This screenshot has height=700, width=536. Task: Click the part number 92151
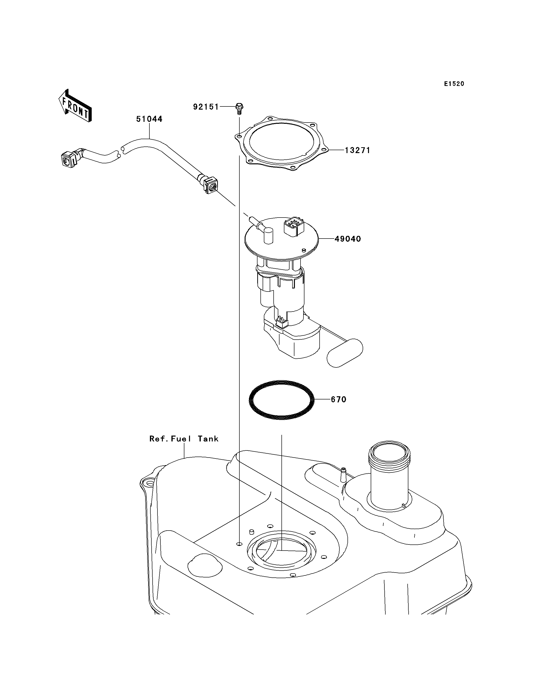206,107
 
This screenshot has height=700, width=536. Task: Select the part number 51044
149,119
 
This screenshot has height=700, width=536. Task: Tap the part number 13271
357,150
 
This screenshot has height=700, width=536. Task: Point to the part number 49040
348,239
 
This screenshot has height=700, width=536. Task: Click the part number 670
338,399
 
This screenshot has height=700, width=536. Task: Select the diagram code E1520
454,84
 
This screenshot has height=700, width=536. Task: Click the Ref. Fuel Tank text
184,439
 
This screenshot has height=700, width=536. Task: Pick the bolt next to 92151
240,108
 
